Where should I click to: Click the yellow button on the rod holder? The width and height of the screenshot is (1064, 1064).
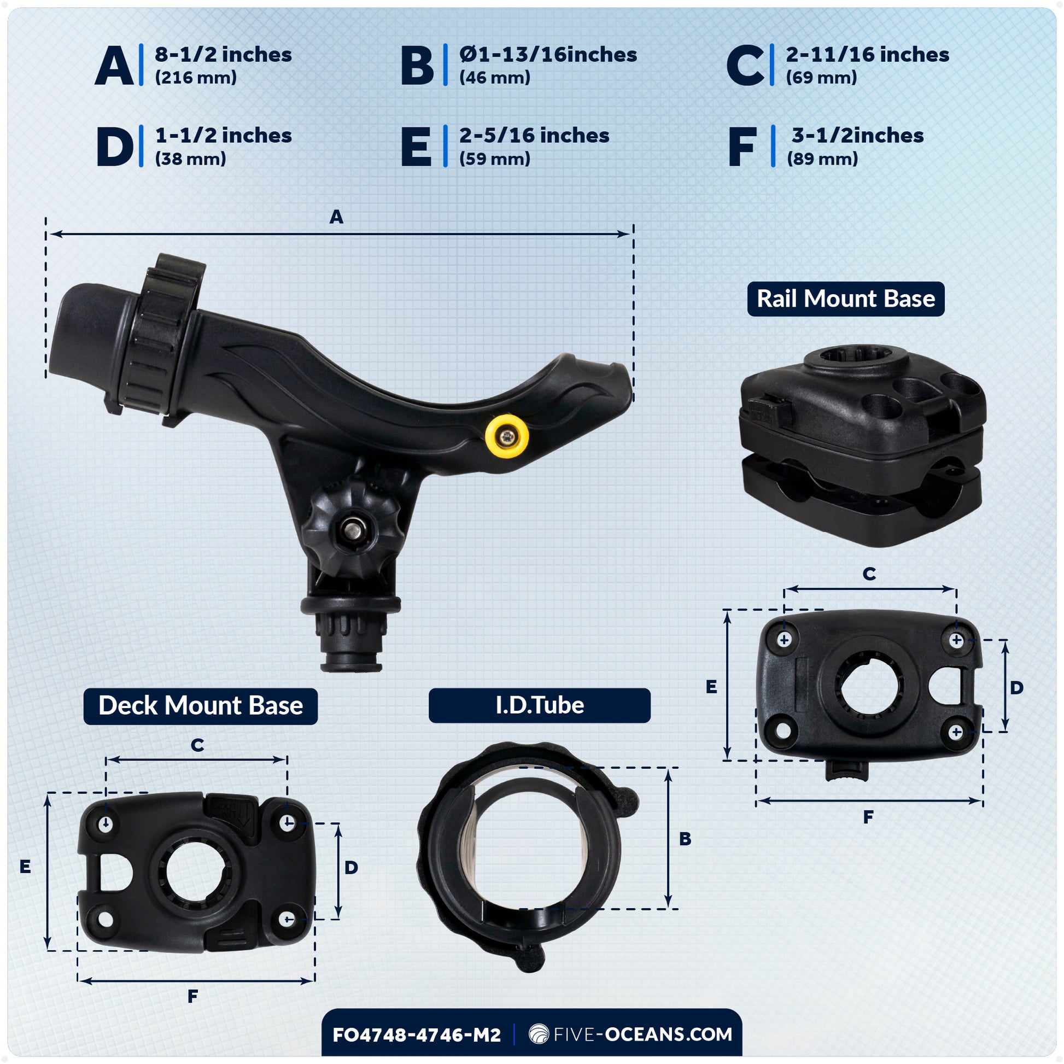click(x=507, y=436)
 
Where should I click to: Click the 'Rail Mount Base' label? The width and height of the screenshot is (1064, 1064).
click(x=845, y=299)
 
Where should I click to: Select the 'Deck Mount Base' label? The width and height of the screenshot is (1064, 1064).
click(x=201, y=706)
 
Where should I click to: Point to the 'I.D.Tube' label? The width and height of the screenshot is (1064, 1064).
click(x=539, y=705)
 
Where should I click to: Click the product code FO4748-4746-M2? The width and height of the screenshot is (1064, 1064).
click(x=416, y=1035)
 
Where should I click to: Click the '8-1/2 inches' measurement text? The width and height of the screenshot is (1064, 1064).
click(x=223, y=55)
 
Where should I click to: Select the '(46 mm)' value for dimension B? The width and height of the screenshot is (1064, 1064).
click(x=495, y=78)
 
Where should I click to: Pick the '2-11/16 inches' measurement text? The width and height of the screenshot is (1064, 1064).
click(x=867, y=55)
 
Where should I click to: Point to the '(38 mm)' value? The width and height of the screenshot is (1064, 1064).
click(x=191, y=159)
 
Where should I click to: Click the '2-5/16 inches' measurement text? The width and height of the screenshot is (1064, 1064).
click(x=534, y=136)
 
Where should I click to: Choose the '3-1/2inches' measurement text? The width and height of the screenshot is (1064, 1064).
click(x=857, y=136)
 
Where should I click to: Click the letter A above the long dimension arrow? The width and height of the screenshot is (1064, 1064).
click(x=336, y=217)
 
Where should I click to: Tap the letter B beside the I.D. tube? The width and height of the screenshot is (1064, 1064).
click(x=685, y=839)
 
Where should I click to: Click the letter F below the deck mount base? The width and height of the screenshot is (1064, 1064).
click(x=192, y=996)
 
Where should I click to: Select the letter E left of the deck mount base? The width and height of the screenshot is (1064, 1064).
click(x=25, y=867)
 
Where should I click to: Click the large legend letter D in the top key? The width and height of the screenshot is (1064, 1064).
click(x=115, y=147)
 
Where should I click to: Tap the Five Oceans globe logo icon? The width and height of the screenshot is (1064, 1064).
click(x=539, y=1034)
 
